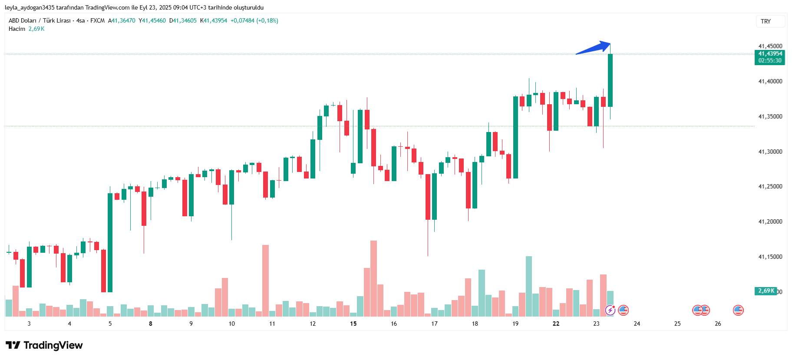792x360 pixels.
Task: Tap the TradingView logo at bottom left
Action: (44, 345)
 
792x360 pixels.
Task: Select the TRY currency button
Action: (766, 21)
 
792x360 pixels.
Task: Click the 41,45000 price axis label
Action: (770, 46)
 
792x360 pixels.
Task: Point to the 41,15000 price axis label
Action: (770, 257)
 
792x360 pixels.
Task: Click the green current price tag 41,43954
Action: (770, 54)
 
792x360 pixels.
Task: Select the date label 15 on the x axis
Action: (353, 324)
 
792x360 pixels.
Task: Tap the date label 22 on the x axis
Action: (556, 324)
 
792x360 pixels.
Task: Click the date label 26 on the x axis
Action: (718, 324)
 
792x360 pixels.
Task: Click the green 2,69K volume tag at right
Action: (766, 291)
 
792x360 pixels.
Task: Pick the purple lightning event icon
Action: (610, 310)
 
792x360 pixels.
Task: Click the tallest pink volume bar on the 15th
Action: (373, 278)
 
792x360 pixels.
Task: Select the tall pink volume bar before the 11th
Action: (265, 280)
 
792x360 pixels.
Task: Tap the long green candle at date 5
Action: (110, 242)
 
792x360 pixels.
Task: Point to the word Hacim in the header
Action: (17, 29)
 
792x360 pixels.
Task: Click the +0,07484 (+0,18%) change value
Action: (254, 20)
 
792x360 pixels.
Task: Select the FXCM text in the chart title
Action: (97, 20)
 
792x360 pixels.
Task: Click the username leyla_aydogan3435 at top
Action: (30, 7)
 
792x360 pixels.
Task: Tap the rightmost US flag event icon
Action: (738, 310)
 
